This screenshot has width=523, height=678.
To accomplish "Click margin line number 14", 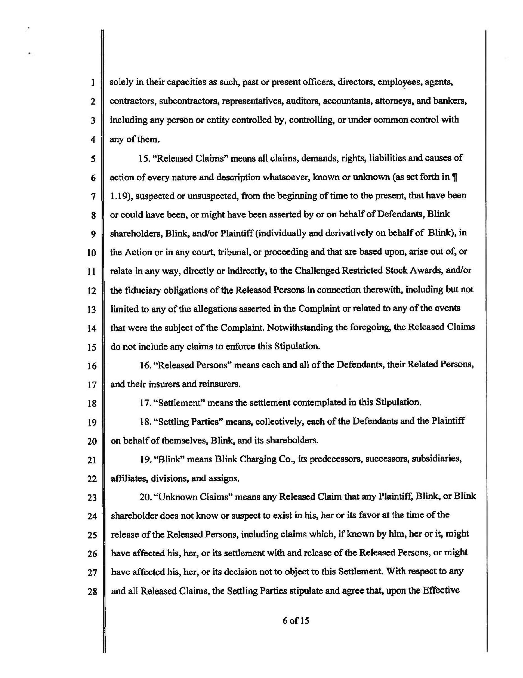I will pyautogui.click(x=92, y=328).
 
